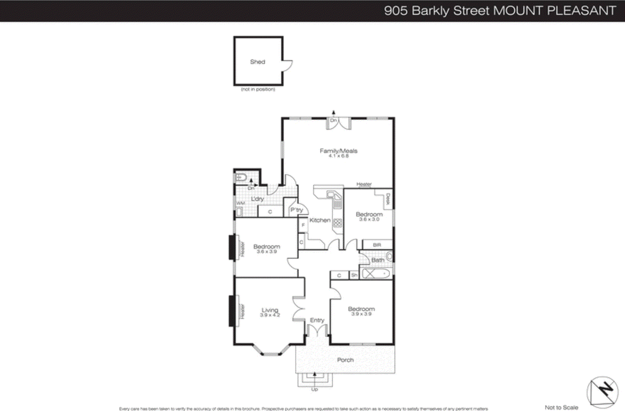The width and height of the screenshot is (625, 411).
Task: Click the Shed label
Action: point(257,62)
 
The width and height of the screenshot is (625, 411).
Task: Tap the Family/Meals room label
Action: point(338,151)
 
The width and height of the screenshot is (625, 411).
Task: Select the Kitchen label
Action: point(320,220)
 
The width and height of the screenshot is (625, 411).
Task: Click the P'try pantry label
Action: point(296,210)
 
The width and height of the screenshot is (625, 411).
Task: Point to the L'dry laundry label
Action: point(257,199)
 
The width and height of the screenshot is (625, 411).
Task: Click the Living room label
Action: point(270,310)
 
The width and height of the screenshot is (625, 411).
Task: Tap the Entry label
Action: point(317,320)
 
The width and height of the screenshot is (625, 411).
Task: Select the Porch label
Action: point(345,360)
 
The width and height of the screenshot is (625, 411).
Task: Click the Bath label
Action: point(378,260)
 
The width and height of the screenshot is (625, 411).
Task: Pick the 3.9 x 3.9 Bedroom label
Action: point(361,309)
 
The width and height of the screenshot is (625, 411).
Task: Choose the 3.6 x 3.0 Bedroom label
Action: point(369,214)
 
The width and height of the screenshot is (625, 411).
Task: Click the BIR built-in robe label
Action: point(377,245)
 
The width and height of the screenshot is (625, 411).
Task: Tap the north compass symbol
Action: point(602,391)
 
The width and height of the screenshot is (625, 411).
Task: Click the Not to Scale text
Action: point(561,407)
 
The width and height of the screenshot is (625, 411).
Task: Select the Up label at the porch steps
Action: point(314,389)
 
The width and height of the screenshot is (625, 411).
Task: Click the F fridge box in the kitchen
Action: point(303,225)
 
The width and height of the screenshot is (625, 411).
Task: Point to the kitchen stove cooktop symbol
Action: point(337,223)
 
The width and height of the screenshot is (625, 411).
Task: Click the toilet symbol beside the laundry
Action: point(240,177)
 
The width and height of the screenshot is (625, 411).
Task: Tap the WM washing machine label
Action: point(240,203)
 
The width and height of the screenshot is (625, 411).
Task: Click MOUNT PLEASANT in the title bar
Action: point(555,11)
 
